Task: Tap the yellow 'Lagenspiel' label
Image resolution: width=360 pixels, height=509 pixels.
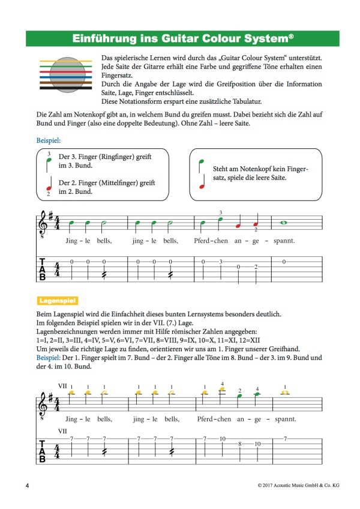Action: (58, 299)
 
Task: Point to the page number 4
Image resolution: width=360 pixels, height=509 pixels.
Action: (27, 484)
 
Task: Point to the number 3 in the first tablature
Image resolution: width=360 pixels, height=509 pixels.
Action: (221, 262)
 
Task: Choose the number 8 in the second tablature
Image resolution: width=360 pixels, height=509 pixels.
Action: (239, 444)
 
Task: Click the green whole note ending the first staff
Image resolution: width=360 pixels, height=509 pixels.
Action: (284, 223)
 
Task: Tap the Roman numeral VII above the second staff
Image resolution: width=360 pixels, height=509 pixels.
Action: (62, 385)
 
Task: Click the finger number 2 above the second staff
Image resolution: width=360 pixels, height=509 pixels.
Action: (239, 390)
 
